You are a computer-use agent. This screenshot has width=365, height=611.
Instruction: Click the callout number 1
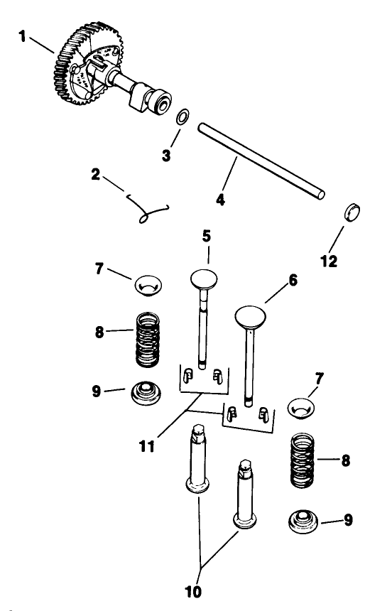tap(24, 36)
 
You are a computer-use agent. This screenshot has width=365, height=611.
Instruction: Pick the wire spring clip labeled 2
tap(152, 209)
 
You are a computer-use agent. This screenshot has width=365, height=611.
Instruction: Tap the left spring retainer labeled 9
tap(148, 394)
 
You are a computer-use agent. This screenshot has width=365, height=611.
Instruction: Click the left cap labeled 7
tap(149, 286)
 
